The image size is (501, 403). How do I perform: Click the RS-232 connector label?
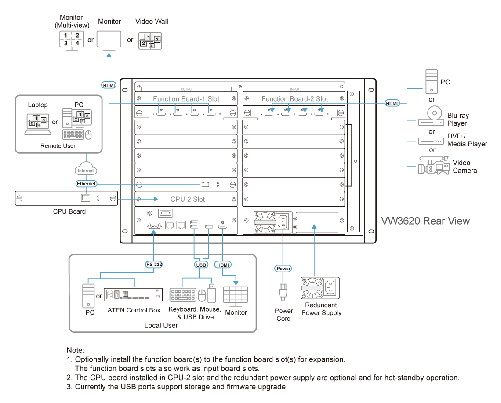(154, 265)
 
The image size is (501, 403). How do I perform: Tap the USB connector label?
(200, 265)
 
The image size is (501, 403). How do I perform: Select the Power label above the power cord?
(283, 268)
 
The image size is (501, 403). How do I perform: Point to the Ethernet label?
(86, 183)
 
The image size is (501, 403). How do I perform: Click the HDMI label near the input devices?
(392, 103)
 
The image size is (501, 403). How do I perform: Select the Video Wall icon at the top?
(150, 40)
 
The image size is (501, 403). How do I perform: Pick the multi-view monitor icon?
(71, 40)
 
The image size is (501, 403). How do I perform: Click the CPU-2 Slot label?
(188, 199)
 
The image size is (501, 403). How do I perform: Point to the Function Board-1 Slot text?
(186, 99)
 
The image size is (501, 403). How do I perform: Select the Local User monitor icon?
(236, 297)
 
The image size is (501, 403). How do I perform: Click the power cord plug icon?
(283, 292)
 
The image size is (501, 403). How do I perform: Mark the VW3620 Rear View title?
(425, 221)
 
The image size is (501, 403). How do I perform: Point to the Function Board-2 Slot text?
(294, 99)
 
